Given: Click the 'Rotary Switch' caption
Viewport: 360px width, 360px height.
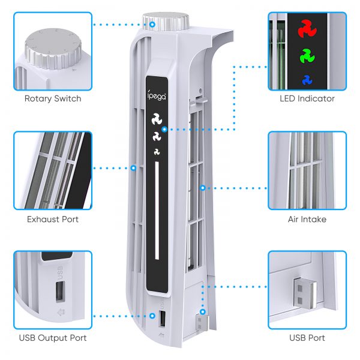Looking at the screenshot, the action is point(53,98).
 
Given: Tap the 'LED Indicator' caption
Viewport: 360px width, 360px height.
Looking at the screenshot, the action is point(307,98).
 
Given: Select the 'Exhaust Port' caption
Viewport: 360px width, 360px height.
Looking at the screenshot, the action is point(53,219).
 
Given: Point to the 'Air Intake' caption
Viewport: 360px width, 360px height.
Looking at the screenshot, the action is point(307,219).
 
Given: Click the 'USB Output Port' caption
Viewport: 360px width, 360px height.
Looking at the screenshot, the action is point(53,338).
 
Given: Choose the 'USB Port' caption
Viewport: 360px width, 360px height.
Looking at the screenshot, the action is point(307,338).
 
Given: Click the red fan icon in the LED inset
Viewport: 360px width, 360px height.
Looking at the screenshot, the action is point(307,29).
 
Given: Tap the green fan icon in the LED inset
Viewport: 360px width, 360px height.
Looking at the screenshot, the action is point(307,56).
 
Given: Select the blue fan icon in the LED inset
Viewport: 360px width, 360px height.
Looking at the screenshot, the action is point(307,80).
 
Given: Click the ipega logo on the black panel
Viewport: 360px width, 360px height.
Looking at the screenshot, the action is point(157,95).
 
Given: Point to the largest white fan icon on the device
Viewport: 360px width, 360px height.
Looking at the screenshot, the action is point(157,119).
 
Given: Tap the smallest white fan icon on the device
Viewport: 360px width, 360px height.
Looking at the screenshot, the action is point(157,152).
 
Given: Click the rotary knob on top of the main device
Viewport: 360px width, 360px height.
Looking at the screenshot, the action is point(166,22).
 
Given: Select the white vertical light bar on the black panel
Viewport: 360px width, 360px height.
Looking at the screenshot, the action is point(157,211).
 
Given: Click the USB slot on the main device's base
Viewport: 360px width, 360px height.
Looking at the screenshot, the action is point(163,319).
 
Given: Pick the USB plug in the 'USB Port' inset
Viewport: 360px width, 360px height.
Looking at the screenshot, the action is point(305,293).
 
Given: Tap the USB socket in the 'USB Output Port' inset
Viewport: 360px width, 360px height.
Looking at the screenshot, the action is point(60,291).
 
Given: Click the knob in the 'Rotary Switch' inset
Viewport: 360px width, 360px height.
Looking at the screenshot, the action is point(53,49).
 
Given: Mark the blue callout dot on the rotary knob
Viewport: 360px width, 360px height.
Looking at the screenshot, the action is point(152,25).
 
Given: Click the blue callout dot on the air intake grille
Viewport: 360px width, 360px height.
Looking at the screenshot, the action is point(203,188).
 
